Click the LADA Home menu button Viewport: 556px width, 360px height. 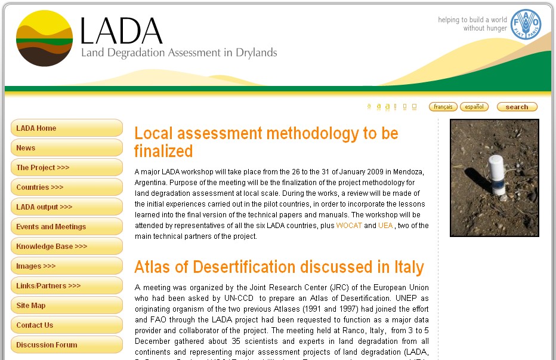pyautogui.click(x=66, y=128)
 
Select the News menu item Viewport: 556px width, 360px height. pyautogui.click(x=66, y=147)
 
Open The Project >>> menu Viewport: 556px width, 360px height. pyautogui.click(x=66, y=167)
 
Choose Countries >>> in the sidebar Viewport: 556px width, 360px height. pyautogui.click(x=66, y=187)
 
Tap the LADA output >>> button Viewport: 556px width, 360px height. pyautogui.click(x=66, y=207)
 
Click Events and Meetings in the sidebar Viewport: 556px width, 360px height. pyautogui.click(x=66, y=226)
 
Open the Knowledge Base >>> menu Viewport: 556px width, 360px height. pyautogui.click(x=66, y=246)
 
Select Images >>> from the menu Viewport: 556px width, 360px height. pyautogui.click(x=66, y=266)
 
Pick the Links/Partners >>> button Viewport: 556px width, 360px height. pyautogui.click(x=66, y=285)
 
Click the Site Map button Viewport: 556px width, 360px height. pyautogui.click(x=66, y=305)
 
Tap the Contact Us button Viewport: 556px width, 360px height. pyautogui.click(x=66, y=325)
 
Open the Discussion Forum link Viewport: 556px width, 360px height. pyautogui.click(x=66, y=344)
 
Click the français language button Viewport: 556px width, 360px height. pyautogui.click(x=443, y=107)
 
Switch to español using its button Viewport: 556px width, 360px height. pyautogui.click(x=474, y=107)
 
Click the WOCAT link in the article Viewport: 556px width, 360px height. pyautogui.click(x=349, y=226)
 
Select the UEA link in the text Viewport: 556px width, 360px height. pyautogui.click(x=385, y=226)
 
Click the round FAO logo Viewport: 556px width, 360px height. pyautogui.click(x=526, y=24)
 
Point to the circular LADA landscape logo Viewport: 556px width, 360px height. pyautogui.click(x=44, y=38)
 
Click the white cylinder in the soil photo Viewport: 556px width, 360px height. pyautogui.click(x=496, y=174)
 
